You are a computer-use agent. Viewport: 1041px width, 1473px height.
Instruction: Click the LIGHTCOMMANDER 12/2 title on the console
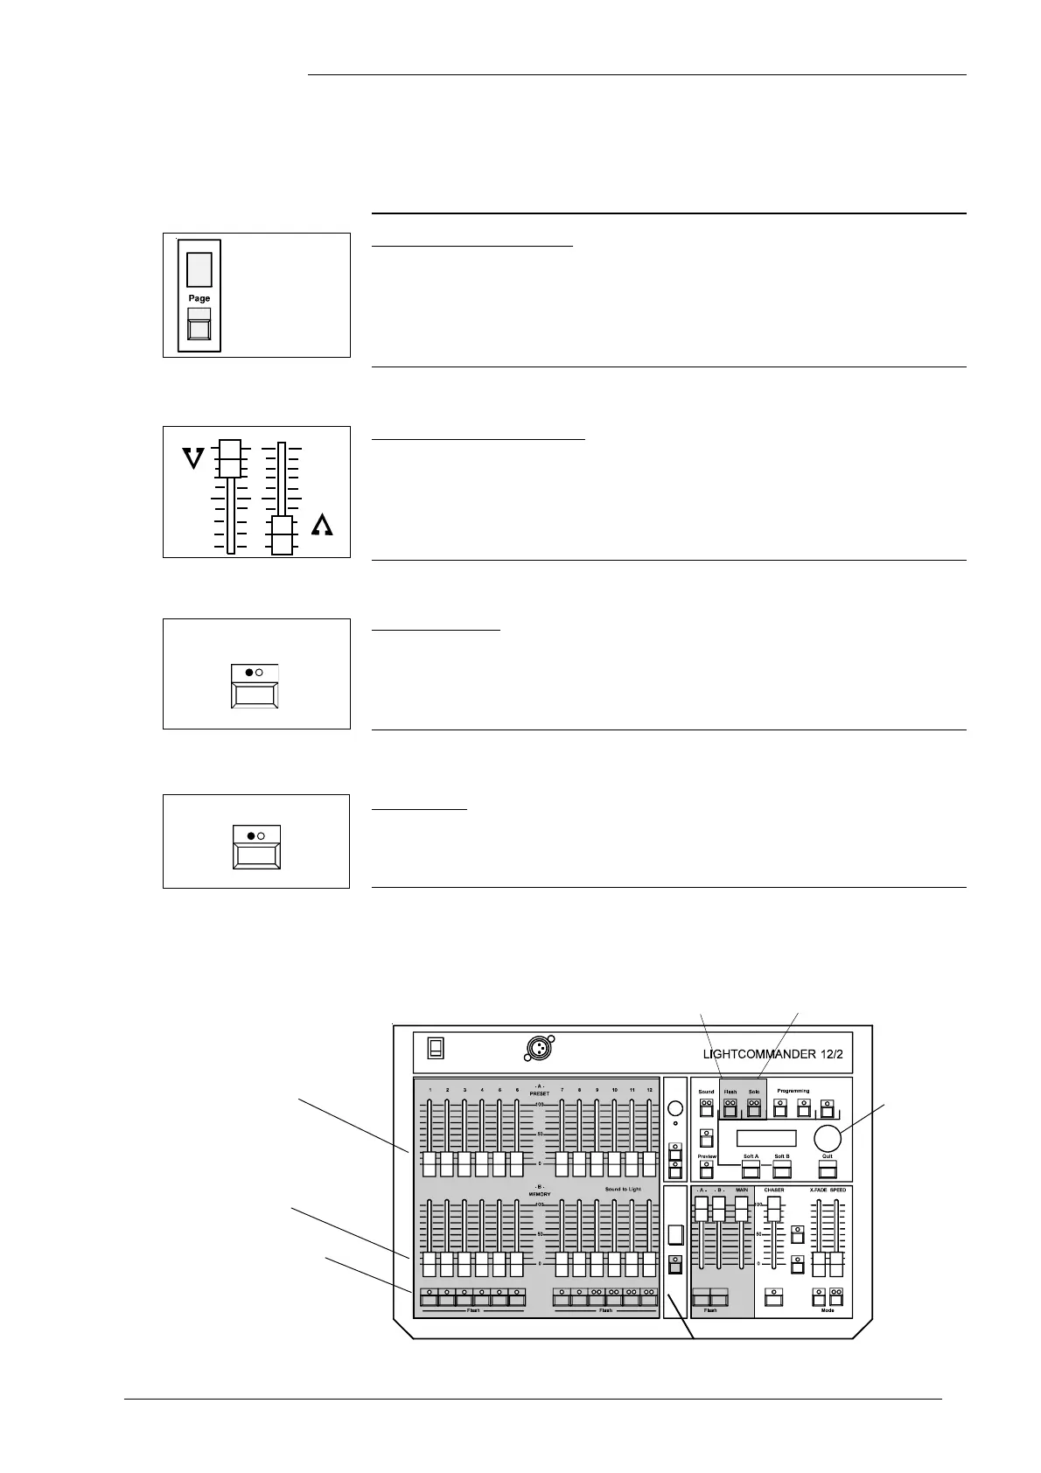[772, 1054]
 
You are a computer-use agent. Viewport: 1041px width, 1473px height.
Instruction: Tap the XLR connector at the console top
[539, 1047]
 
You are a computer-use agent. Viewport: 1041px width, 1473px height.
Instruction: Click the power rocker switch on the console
[436, 1047]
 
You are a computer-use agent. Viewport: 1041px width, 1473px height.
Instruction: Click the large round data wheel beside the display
[827, 1138]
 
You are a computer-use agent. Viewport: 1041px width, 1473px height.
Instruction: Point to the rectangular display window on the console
[766, 1138]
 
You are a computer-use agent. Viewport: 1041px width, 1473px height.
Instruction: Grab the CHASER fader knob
[773, 1208]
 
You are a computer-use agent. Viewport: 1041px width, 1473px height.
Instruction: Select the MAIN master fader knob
[741, 1208]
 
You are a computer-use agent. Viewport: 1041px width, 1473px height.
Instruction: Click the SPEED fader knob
[836, 1264]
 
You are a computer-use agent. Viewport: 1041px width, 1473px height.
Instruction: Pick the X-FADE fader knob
[819, 1264]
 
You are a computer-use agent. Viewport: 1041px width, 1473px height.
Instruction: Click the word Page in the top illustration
[199, 298]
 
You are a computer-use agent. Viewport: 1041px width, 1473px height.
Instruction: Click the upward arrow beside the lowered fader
[322, 525]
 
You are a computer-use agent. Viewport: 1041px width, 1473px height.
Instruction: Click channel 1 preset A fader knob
[429, 1164]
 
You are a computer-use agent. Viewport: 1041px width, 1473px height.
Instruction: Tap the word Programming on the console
[793, 1091]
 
